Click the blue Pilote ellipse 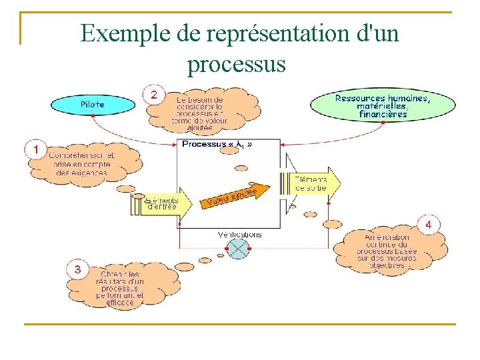tap(93, 104)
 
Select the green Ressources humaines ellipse tap(382, 106)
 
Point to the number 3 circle tap(78, 269)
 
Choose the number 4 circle tap(429, 225)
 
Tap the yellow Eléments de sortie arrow tap(315, 183)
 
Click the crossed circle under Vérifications tap(237, 249)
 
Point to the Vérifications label tap(239, 234)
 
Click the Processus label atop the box tap(217, 144)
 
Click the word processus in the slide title tap(237, 64)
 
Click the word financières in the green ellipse tap(383, 114)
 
